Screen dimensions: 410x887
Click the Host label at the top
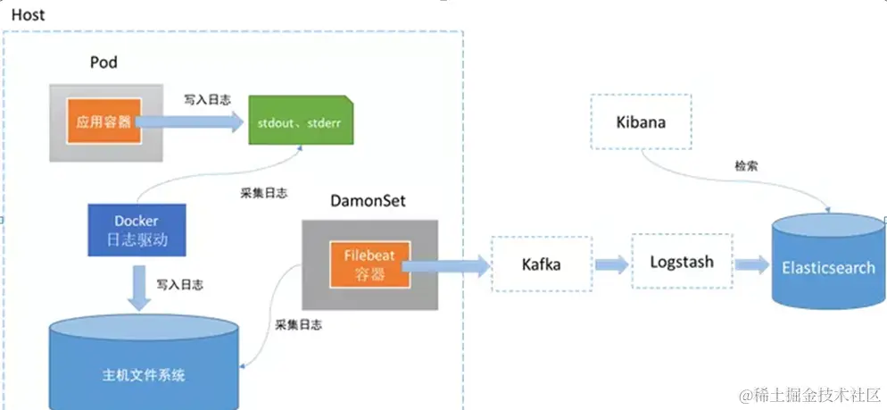point(28,15)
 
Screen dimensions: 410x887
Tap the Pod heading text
point(104,63)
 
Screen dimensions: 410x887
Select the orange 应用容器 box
point(103,122)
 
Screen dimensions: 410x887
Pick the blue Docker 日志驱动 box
point(136,230)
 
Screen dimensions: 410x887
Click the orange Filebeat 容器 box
point(369,263)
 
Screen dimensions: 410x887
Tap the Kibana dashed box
point(640,122)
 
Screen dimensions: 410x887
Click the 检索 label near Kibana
point(747,166)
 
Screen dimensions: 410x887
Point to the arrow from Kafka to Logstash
point(611,264)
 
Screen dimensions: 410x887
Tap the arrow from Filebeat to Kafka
point(446,263)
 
